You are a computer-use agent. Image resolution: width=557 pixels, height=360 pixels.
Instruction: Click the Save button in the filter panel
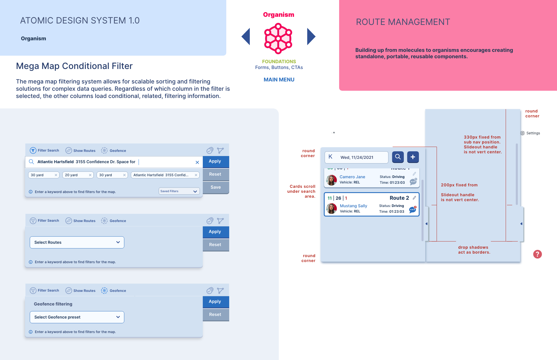point(216,187)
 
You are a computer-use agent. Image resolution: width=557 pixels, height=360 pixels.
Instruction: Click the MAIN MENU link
point(279,80)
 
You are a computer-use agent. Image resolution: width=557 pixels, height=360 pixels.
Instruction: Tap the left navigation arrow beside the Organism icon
point(246,37)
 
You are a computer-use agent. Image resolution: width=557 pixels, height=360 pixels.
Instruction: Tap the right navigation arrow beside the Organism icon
point(311,37)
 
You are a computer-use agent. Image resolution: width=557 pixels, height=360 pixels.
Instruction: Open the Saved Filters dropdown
point(179,191)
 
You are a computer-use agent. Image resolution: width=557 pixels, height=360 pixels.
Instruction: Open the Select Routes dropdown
point(77,242)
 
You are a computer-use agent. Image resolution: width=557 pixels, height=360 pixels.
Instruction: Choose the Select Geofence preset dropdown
point(77,317)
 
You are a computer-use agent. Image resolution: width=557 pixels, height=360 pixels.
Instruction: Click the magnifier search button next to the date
point(398,157)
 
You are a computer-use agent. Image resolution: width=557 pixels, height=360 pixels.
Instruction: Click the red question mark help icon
point(537,254)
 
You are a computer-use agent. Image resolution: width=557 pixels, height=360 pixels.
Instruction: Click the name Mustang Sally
point(353,206)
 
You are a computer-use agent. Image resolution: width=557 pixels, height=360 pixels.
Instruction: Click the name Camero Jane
point(352,177)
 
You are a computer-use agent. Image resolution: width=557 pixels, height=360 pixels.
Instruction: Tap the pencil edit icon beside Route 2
point(414,198)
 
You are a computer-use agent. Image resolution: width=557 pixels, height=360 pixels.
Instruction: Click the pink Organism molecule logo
point(278,39)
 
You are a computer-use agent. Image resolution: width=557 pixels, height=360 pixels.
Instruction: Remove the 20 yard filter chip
point(90,175)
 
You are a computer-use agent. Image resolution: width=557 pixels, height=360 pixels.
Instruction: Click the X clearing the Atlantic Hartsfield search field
point(197,162)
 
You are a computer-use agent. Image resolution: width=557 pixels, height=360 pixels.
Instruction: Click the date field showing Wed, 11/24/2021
point(357,157)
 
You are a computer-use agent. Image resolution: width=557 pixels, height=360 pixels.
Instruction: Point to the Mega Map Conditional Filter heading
point(74,66)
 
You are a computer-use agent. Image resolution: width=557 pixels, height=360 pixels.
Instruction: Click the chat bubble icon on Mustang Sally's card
point(412,210)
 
